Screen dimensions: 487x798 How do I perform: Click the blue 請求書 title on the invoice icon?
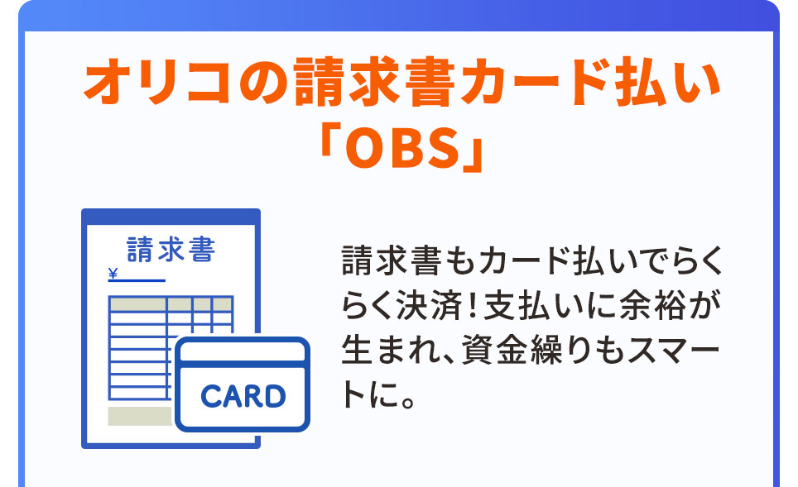171,249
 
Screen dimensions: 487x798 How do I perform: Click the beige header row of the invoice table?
171,304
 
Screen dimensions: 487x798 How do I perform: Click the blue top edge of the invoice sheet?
171,214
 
